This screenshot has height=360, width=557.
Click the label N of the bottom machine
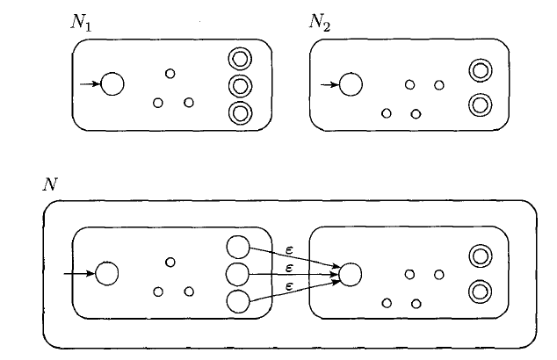point(49,184)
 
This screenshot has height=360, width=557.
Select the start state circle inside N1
point(112,84)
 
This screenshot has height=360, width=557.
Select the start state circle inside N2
point(351,84)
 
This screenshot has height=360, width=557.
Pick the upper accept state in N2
point(480,69)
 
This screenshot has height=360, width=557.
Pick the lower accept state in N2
point(480,104)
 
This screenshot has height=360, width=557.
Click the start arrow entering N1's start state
point(90,84)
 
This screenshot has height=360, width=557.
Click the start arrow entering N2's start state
point(328,84)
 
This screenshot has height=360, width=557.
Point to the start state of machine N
point(107,274)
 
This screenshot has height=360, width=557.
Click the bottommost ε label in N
point(289,286)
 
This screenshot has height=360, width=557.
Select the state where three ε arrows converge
point(350,275)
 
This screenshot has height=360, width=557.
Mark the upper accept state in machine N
point(480,256)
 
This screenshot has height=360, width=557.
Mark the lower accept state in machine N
point(480,291)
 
